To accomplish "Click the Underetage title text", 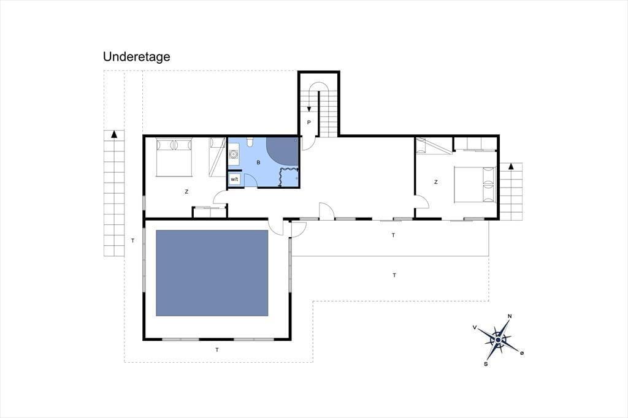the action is click(x=137, y=57).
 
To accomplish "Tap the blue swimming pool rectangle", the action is click(x=212, y=273).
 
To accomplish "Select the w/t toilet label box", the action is click(x=234, y=180).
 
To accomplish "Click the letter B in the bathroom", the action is click(x=258, y=162).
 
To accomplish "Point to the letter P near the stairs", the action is click(x=309, y=123).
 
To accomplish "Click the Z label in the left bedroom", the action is click(x=186, y=192).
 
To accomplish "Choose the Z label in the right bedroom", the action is click(x=436, y=182).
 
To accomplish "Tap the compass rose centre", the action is click(x=498, y=340).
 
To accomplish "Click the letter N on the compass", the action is click(x=510, y=316).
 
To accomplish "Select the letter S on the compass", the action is click(x=486, y=364).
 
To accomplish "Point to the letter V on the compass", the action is click(x=475, y=327).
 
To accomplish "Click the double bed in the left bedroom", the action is click(x=174, y=157).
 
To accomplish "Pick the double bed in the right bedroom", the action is click(x=475, y=184).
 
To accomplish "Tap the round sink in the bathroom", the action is click(x=234, y=154).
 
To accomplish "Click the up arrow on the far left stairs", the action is click(x=114, y=134).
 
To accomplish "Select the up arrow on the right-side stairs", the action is click(x=511, y=166).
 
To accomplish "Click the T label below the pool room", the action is click(x=217, y=350).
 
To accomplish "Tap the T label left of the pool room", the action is click(x=132, y=241).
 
